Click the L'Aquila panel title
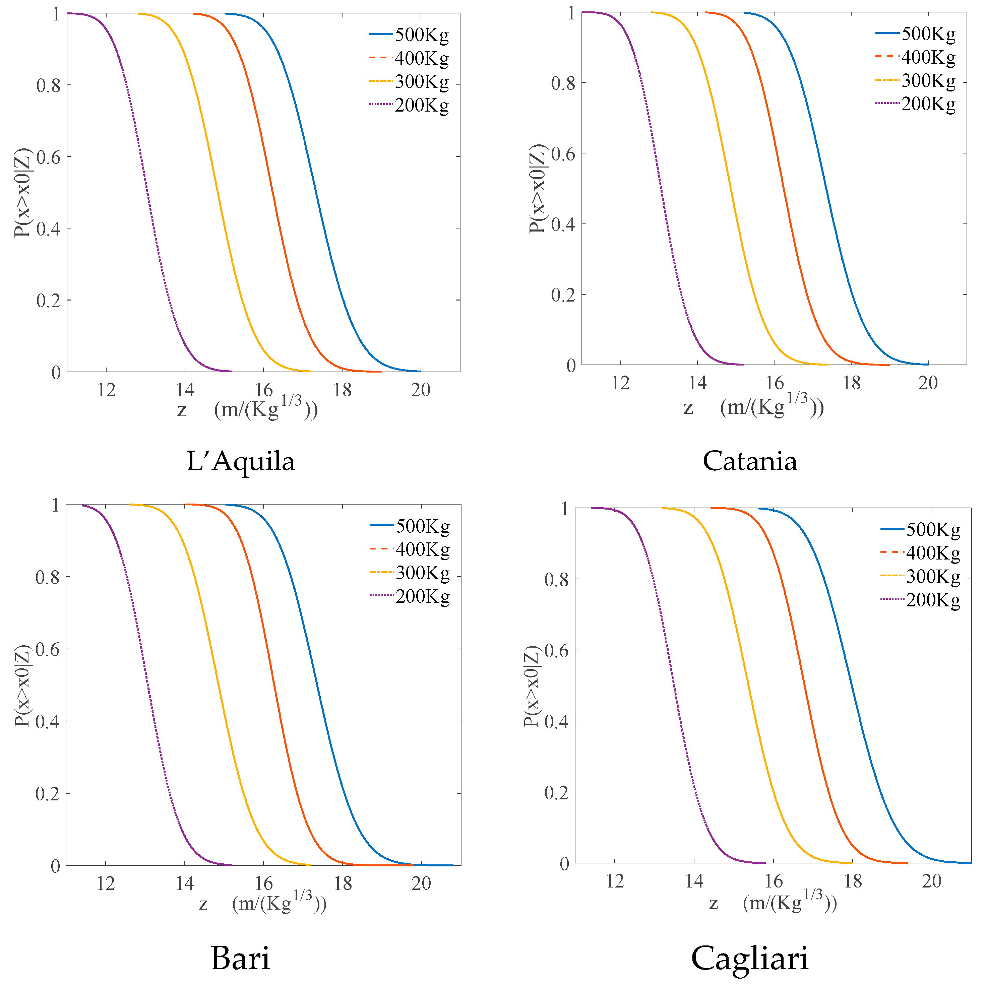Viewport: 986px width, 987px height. coord(241,461)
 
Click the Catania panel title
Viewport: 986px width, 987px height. coord(749,461)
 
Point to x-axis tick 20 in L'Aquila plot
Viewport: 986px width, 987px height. coord(421,390)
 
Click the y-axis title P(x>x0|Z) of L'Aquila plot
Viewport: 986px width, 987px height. coord(22,193)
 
